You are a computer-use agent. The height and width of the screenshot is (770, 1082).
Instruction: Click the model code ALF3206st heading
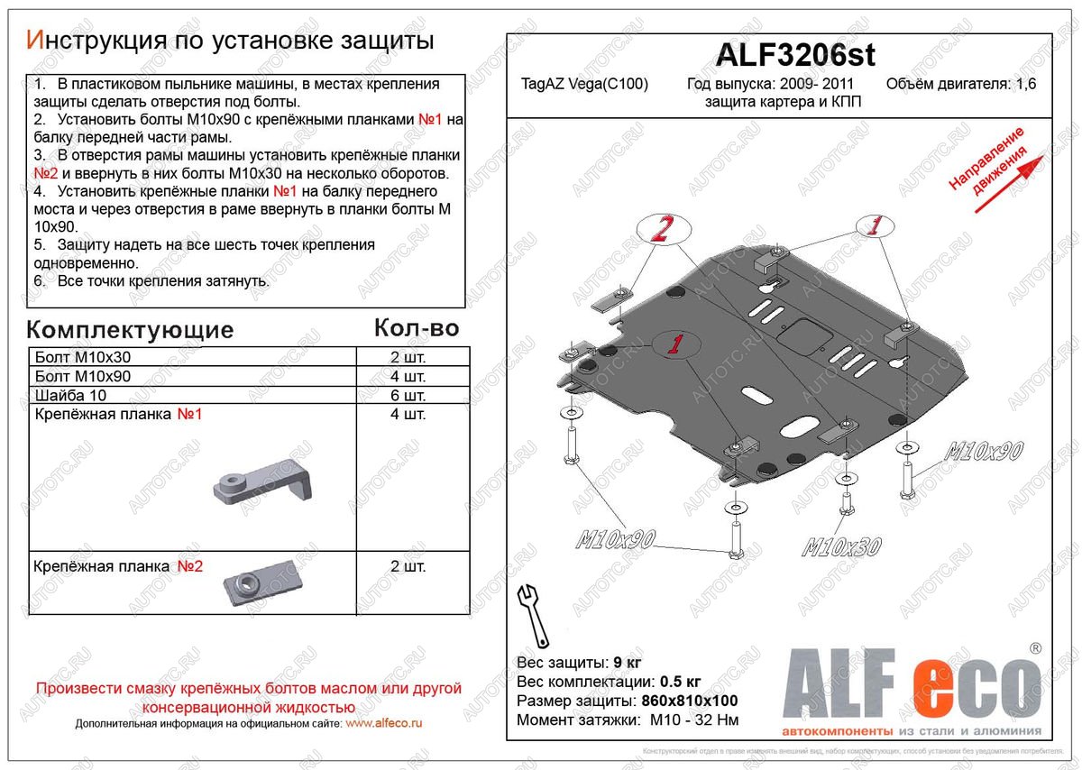(x=794, y=56)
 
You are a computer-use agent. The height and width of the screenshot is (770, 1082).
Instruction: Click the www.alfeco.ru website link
(x=384, y=723)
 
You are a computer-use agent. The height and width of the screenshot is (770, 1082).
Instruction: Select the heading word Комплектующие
(x=130, y=329)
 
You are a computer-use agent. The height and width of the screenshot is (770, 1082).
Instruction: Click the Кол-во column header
(x=416, y=327)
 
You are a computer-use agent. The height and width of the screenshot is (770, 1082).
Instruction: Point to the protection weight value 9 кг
(x=628, y=663)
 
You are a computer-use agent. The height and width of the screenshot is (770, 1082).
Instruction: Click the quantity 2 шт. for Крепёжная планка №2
(x=408, y=566)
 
